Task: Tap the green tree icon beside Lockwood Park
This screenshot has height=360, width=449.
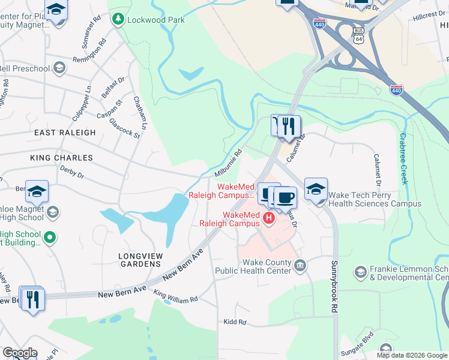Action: [118, 20]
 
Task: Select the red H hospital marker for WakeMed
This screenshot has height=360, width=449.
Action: [269, 218]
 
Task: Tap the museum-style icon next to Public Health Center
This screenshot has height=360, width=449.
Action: [301, 265]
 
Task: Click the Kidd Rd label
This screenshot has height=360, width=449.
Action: [234, 322]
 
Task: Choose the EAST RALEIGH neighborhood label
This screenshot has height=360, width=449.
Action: [65, 133]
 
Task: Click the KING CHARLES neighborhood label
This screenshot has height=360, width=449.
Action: [62, 158]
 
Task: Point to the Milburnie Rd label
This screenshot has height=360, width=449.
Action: [228, 163]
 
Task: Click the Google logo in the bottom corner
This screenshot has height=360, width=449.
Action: [19, 353]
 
